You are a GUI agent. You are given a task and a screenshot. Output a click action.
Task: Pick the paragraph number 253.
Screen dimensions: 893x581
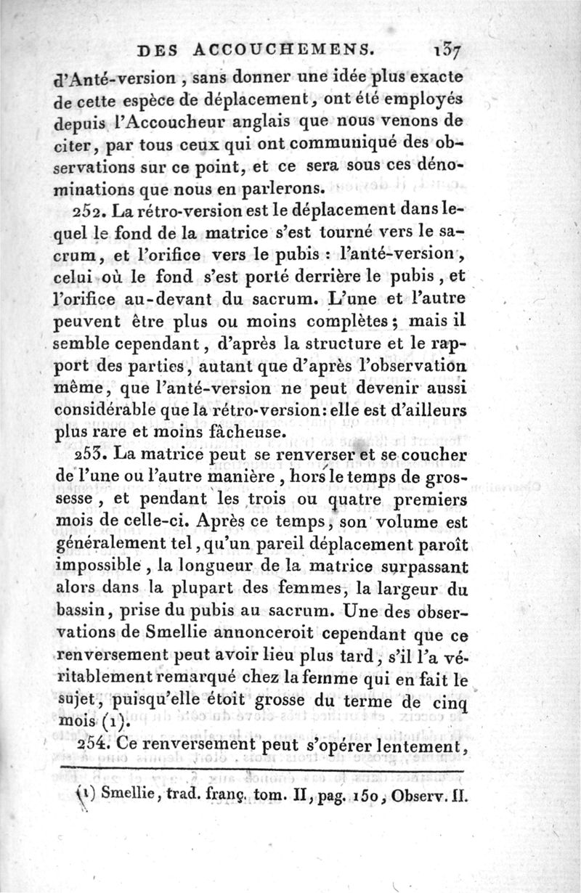pyautogui.click(x=92, y=454)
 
